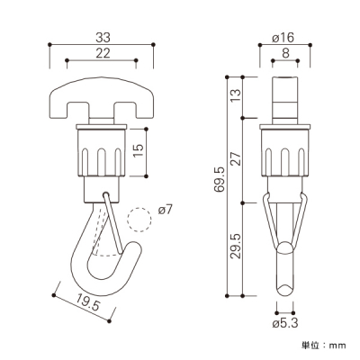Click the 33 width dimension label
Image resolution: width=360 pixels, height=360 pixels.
point(103,38)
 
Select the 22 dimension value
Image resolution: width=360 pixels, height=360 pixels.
point(103,53)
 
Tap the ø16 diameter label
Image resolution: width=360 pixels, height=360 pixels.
point(283,38)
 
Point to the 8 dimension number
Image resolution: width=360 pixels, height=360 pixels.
point(285,53)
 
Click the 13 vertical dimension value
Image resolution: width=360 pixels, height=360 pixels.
point(236,96)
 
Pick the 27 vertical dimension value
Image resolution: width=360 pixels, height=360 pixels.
point(236,159)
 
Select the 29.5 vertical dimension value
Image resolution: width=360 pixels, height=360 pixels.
point(236,247)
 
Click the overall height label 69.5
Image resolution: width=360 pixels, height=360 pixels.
point(220,179)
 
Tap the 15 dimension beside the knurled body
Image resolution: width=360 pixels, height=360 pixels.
point(139,150)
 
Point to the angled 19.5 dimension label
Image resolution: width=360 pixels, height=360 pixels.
point(87,301)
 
